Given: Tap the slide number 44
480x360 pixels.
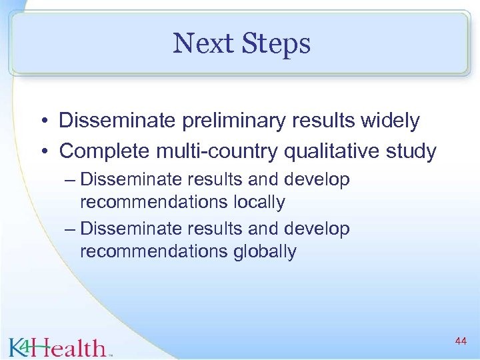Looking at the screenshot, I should click(460, 341).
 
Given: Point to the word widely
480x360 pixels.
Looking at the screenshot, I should click(391, 121).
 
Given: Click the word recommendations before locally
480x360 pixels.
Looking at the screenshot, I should click(154, 202).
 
